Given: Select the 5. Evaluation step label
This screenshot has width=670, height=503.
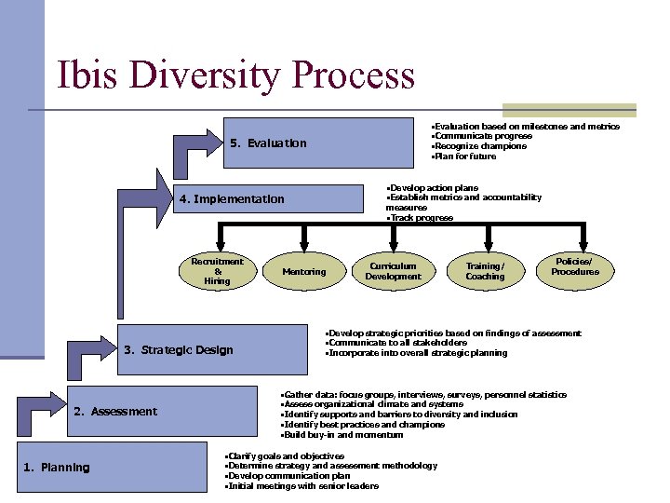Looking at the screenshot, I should [268, 143].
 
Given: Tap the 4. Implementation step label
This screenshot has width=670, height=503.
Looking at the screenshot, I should [233, 198].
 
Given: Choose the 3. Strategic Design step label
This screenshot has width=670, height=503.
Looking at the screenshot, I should [179, 350].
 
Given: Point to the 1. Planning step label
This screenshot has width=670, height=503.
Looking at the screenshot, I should [57, 468].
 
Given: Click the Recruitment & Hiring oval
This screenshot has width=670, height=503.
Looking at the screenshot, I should [217, 271].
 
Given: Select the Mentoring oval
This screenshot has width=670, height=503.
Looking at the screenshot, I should [304, 272].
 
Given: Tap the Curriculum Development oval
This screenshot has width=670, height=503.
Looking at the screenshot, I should [393, 271].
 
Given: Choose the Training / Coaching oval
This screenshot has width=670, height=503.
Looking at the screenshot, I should [485, 271].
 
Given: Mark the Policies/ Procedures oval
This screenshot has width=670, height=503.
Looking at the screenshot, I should [575, 267].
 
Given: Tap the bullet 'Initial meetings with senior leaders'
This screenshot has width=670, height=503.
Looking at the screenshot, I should [301, 486].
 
